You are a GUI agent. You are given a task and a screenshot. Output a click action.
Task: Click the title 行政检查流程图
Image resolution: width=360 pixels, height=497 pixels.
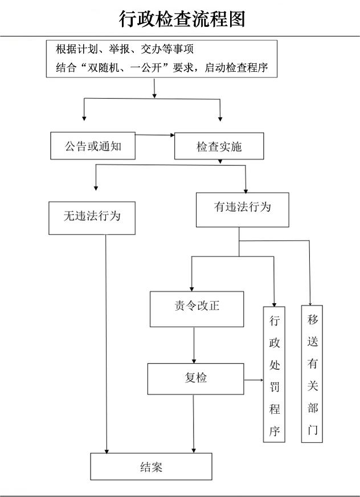point(182,19)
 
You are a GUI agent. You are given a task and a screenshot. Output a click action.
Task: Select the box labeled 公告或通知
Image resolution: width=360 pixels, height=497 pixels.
point(93,146)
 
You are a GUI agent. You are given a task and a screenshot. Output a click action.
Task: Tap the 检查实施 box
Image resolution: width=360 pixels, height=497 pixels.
point(219,146)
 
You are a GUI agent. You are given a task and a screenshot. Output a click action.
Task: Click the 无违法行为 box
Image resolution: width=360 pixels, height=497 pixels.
point(92,218)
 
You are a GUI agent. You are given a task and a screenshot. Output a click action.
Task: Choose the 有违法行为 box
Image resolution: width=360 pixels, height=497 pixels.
point(243,210)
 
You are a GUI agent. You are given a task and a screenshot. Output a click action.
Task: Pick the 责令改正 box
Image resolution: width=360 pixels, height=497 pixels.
point(197,309)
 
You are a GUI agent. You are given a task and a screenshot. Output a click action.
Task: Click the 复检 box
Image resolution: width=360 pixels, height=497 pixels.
point(195,379)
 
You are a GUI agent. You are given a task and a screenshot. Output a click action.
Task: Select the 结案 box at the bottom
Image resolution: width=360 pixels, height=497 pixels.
point(151,466)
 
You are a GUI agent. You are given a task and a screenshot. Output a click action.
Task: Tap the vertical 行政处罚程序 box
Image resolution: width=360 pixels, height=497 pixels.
point(274,374)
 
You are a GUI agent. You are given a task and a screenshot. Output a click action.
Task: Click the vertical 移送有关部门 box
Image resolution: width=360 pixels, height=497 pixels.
point(312,374)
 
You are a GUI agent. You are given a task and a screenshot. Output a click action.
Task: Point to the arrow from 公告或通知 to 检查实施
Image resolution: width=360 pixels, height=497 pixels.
point(155,135)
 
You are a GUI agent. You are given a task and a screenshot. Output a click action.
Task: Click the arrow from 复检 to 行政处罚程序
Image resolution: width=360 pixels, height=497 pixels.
point(253,380)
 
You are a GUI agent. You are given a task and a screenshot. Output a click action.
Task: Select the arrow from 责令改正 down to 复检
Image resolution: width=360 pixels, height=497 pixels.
point(194,345)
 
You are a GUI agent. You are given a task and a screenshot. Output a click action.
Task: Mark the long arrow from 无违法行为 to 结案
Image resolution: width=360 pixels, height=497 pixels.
point(106,344)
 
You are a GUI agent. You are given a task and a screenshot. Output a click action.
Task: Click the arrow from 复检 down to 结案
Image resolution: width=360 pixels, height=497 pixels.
point(194,424)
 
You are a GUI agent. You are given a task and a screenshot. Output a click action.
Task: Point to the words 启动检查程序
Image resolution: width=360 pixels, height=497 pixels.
point(236,67)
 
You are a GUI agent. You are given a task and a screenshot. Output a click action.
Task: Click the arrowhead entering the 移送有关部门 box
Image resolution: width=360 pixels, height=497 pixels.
point(310,304)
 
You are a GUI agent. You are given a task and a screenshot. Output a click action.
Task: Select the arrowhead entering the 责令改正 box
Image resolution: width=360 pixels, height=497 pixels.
point(191,289)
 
